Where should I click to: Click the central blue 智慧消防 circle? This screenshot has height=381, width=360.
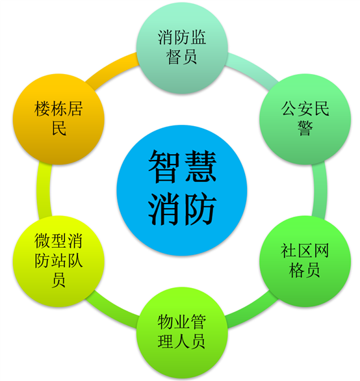click(182, 190)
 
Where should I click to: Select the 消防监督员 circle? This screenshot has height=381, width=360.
click(182, 47)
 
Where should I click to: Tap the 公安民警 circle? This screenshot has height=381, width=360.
click(305, 119)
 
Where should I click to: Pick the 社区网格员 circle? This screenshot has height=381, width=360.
click(305, 261)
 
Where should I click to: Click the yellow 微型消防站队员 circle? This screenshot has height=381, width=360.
click(58, 261)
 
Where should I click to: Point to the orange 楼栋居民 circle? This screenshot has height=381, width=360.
click(58, 119)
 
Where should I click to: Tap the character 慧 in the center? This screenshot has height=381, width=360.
click(200, 166)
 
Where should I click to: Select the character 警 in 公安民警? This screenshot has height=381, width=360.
click(305, 128)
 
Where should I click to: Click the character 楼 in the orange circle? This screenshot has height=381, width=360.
click(42, 109)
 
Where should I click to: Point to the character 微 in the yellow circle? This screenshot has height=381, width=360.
click(42, 241)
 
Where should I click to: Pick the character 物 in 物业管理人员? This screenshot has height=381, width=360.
click(166, 322)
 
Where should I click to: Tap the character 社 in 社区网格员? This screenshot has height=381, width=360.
click(289, 250)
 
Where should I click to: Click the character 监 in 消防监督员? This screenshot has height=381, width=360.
click(198, 37)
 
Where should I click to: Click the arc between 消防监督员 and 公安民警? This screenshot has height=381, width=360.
click(253, 68)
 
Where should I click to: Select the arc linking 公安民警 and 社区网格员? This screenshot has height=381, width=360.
click(320, 190)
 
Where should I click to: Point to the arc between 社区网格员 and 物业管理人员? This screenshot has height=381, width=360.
click(253, 313)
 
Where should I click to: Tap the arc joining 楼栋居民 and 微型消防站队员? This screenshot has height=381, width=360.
click(44, 190)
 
